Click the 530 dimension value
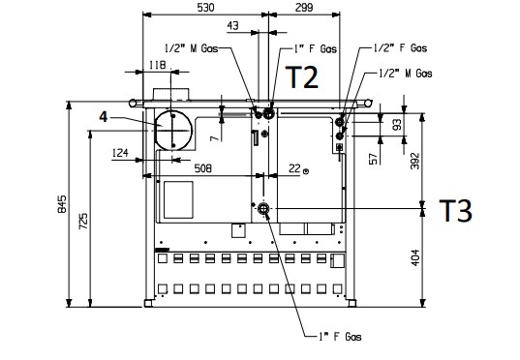(205, 8)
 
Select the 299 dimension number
(304, 8)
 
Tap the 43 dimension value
(232, 25)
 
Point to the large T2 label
(302, 76)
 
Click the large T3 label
(456, 211)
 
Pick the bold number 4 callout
(104, 117)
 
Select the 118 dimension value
(157, 65)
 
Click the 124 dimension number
(120, 153)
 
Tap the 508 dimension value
(202, 168)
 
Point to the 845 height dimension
(62, 204)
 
